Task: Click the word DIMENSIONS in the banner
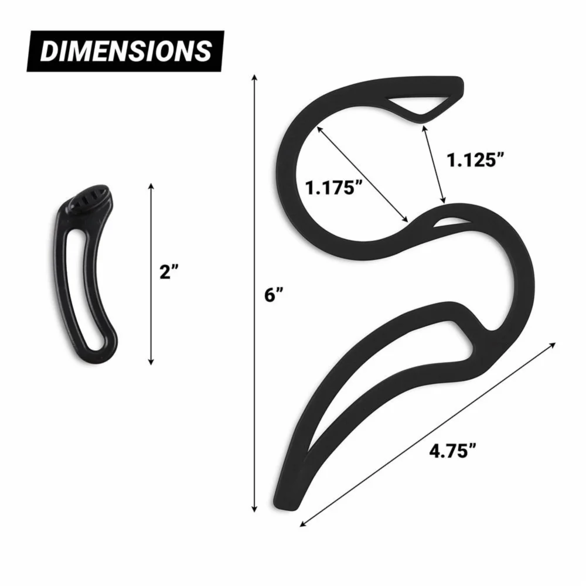[x=125, y=51]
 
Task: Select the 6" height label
[x=274, y=295]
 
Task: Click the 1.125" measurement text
[x=475, y=160]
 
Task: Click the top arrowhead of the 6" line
[x=254, y=78]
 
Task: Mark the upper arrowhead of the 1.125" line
[x=424, y=128]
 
